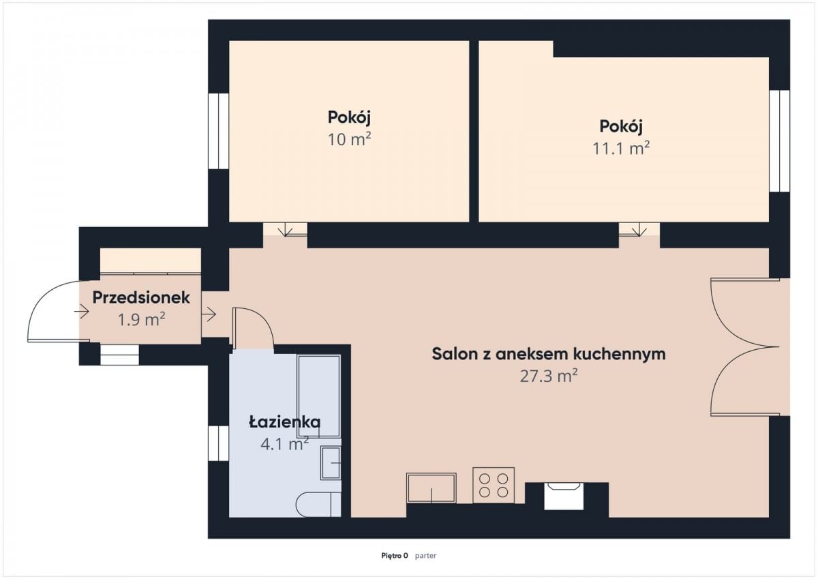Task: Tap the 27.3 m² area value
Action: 549,376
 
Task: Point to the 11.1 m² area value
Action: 620,148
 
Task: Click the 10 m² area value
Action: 349,139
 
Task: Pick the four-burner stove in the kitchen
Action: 494,485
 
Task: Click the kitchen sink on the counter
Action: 431,488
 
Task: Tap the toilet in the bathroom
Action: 318,504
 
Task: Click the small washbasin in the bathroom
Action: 331,463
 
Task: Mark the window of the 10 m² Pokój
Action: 218,131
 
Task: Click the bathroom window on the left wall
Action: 218,443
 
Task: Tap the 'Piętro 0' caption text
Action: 394,556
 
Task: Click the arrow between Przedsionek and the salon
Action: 209,314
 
